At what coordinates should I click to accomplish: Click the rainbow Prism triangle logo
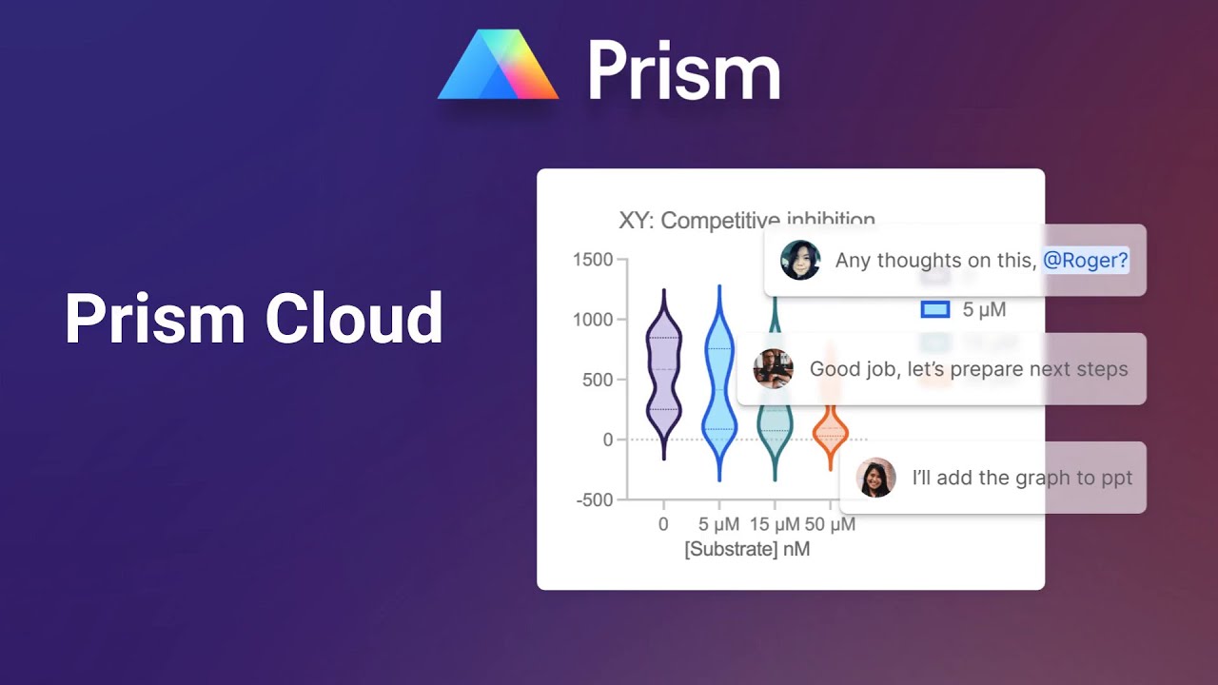[x=498, y=67]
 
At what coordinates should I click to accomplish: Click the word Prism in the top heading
[x=683, y=70]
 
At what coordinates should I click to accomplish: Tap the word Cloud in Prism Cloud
[x=354, y=318]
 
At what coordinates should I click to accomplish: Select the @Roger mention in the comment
[x=1085, y=260]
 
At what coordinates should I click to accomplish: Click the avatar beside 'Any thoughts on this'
[x=800, y=260]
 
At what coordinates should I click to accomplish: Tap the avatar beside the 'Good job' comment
[x=773, y=369]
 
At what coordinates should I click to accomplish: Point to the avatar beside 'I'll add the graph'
[x=875, y=478]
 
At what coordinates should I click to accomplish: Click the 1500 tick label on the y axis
[x=594, y=260]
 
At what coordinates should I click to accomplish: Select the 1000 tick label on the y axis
[x=594, y=320]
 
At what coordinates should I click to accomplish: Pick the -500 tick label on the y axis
[x=595, y=499]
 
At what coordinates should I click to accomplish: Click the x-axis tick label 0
[x=663, y=524]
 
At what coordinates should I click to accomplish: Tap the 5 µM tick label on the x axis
[x=718, y=524]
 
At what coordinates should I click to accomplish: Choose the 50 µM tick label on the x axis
[x=830, y=524]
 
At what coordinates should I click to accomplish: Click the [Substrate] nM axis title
[x=747, y=549]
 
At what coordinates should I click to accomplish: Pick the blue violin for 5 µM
[x=719, y=390]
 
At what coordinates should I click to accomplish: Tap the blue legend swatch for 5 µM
[x=935, y=309]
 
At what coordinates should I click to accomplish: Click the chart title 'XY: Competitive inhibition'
[x=747, y=221]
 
